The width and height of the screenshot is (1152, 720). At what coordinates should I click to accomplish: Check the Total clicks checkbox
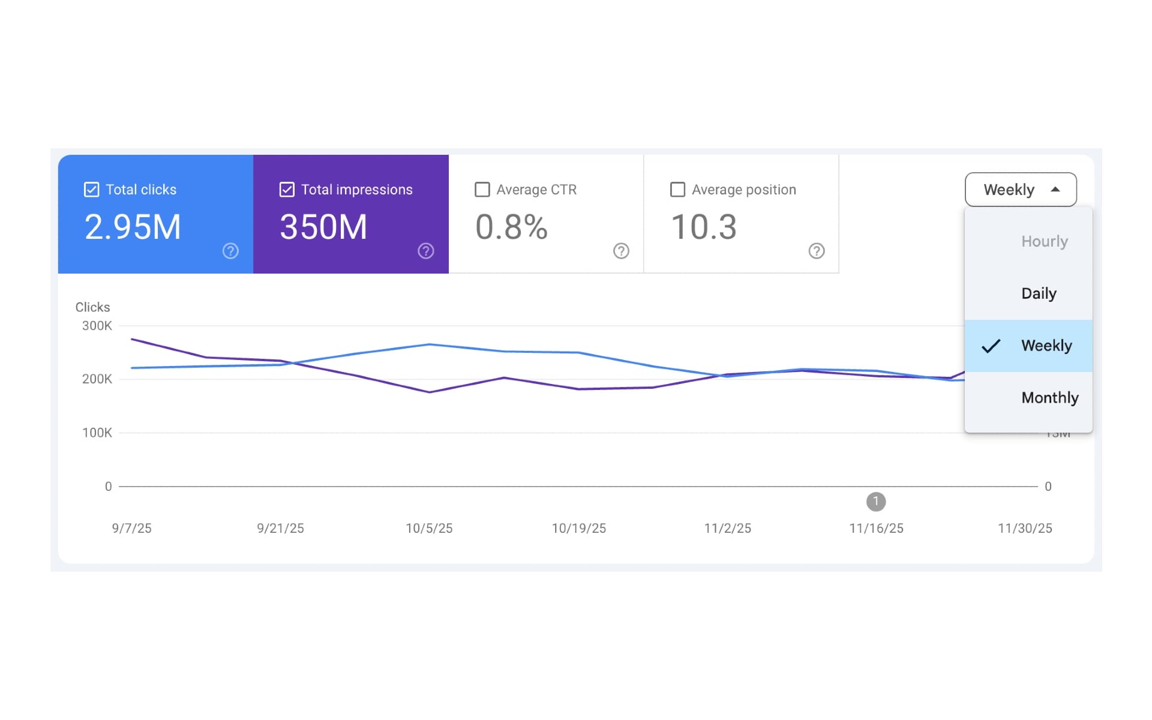(x=91, y=190)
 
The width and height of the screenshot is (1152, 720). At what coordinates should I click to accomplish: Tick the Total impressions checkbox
(x=287, y=190)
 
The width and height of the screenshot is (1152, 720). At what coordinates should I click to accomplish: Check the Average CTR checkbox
(x=482, y=190)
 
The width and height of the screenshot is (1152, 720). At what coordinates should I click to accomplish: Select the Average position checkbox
(x=677, y=190)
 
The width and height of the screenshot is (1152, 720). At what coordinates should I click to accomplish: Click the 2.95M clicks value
(x=133, y=227)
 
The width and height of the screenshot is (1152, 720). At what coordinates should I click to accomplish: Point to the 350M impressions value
(x=323, y=227)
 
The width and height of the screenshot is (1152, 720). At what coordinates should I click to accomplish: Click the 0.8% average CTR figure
(x=511, y=227)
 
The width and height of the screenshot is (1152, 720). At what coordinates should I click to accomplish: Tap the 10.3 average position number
(x=703, y=227)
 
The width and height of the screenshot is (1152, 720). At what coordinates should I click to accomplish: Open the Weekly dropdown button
(x=1020, y=190)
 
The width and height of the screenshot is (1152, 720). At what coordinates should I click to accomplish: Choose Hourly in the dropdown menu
(x=1044, y=241)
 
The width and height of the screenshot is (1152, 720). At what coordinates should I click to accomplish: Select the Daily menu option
(x=1039, y=293)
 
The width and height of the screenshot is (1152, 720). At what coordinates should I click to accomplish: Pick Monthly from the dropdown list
(x=1049, y=398)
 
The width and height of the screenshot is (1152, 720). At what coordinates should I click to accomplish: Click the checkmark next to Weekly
(x=991, y=346)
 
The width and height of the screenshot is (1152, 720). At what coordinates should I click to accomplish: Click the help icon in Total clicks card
(x=230, y=251)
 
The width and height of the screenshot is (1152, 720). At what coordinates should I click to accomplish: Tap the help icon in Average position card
(x=816, y=251)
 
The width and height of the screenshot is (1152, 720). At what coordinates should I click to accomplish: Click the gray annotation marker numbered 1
(x=875, y=501)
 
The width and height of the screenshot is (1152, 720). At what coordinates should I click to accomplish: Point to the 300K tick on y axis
(x=97, y=326)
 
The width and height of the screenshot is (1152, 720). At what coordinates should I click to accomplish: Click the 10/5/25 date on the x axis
(x=429, y=528)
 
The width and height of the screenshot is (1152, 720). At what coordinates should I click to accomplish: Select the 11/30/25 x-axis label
(x=1024, y=528)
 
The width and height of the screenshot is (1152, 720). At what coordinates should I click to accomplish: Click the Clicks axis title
(x=92, y=307)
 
